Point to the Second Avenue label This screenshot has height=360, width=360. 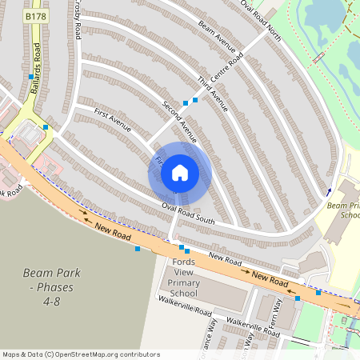(x=178, y=118)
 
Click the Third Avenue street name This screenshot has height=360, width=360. (x=213, y=93)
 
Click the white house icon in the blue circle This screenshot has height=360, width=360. (x=180, y=171)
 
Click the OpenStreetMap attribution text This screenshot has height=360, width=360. (x=80, y=354)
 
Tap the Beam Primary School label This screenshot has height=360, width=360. (x=344, y=210)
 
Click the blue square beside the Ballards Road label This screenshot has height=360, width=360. (x=31, y=77)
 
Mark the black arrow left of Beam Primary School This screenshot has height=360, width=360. (x=330, y=190)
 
